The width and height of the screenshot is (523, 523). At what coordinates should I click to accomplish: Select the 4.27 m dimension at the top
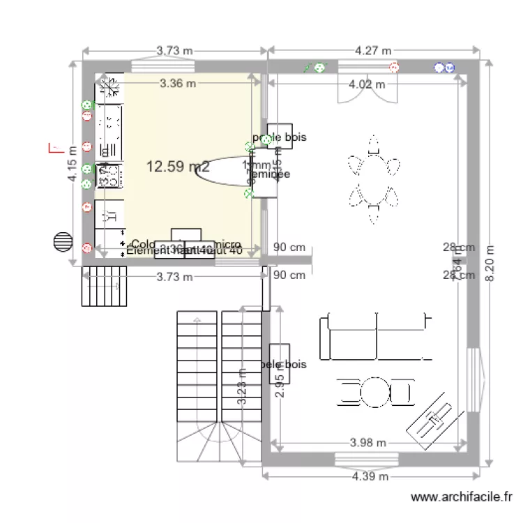click(372, 50)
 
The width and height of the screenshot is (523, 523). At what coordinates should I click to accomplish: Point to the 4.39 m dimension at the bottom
click(370, 476)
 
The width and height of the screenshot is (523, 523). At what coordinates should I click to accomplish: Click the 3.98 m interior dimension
click(368, 442)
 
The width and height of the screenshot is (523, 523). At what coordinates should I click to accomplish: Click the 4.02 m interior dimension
click(367, 84)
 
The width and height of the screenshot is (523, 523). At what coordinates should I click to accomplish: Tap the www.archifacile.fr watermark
click(462, 497)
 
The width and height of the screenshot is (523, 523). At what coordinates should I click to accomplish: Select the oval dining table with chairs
click(374, 181)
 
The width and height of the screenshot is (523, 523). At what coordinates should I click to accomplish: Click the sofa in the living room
click(373, 335)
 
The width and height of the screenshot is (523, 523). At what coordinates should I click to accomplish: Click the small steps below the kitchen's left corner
click(106, 287)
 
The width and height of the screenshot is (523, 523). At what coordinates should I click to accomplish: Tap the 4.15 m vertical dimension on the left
click(72, 168)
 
